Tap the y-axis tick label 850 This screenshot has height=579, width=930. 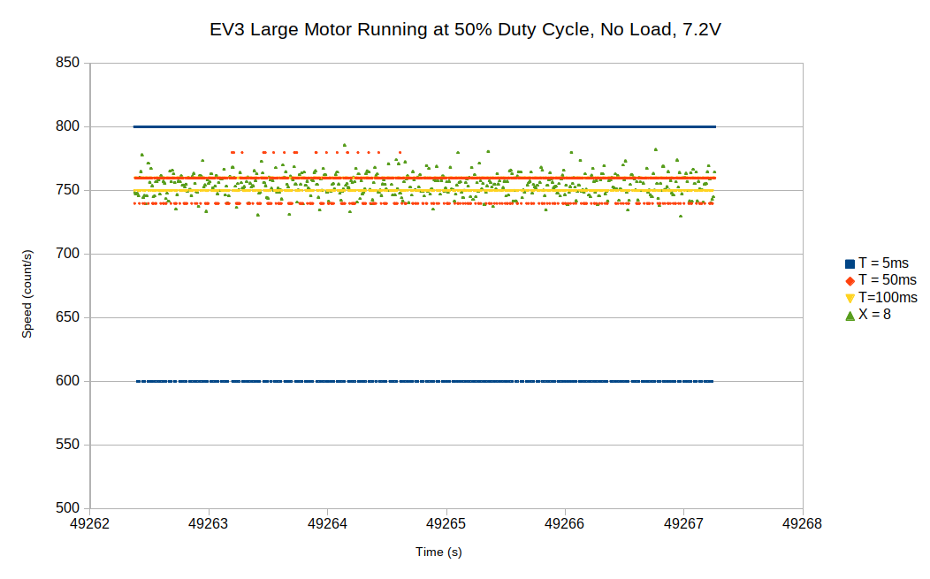click(67, 63)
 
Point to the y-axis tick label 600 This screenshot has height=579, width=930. click(67, 381)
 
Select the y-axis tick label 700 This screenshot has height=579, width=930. click(67, 254)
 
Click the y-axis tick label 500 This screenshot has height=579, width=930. click(67, 508)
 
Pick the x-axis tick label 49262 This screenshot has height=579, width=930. click(89, 523)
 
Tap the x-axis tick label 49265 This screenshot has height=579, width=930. click(446, 523)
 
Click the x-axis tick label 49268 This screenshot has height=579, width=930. click(803, 523)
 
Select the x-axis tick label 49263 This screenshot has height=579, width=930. click(209, 523)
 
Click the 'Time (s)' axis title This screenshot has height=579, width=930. click(438, 552)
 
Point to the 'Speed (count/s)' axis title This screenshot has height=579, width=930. click(27, 294)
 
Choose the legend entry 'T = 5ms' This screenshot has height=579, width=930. click(883, 263)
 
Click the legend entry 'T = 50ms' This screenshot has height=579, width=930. click(888, 280)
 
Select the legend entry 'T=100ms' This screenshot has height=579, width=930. click(888, 297)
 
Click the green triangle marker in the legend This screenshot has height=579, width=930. click(850, 315)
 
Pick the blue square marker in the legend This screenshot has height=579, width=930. click(850, 263)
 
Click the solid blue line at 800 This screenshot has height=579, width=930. click(424, 127)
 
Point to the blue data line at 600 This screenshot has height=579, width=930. click(424, 381)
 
